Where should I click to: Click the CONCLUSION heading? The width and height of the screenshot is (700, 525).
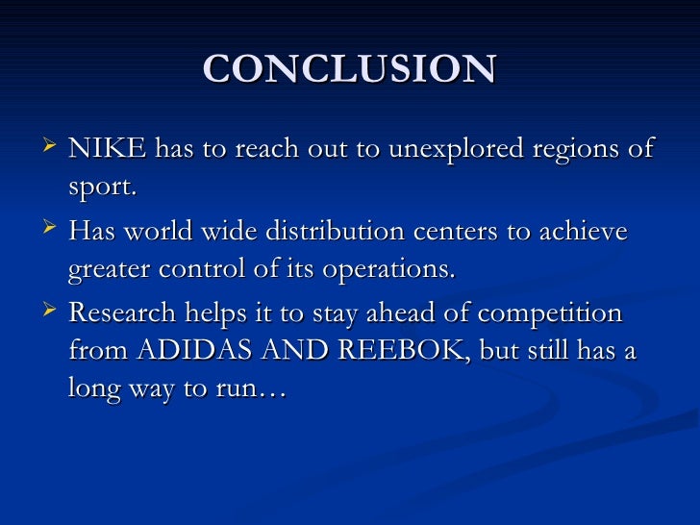pyautogui.click(x=350, y=69)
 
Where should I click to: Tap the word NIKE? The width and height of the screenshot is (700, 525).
pyautogui.click(x=107, y=150)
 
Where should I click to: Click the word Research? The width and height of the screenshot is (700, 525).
pyautogui.click(x=122, y=314)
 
